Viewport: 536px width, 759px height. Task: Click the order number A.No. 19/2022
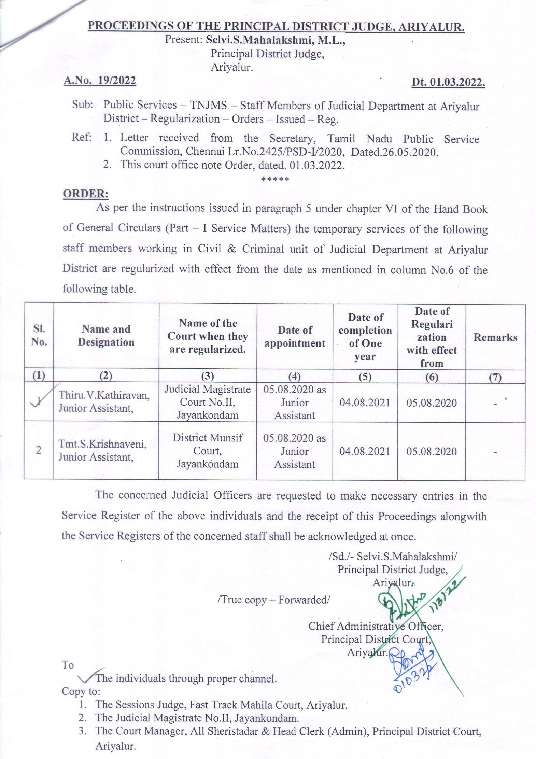pyautogui.click(x=100, y=81)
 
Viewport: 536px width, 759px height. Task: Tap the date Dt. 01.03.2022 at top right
pyautogui.click(x=448, y=83)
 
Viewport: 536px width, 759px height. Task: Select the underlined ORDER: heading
pyautogui.click(x=86, y=194)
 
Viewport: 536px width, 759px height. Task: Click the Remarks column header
pyautogui.click(x=495, y=337)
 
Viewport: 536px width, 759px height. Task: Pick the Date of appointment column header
pyautogui.click(x=295, y=336)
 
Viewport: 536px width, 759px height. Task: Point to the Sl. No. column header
pyautogui.click(x=39, y=336)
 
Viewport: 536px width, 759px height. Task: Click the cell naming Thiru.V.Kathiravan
pyautogui.click(x=104, y=402)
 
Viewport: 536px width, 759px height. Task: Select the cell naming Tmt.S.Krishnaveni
pyautogui.click(x=103, y=450)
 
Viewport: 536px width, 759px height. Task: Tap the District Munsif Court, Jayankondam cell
pyautogui.click(x=208, y=451)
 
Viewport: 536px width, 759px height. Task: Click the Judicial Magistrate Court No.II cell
pyautogui.click(x=208, y=402)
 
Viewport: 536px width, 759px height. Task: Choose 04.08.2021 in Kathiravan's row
pyautogui.click(x=365, y=403)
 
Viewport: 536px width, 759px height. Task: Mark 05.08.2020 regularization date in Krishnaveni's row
pyautogui.click(x=432, y=451)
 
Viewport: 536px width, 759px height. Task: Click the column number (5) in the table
pyautogui.click(x=365, y=376)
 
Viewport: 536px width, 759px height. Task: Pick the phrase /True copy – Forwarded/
pyautogui.click(x=273, y=600)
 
